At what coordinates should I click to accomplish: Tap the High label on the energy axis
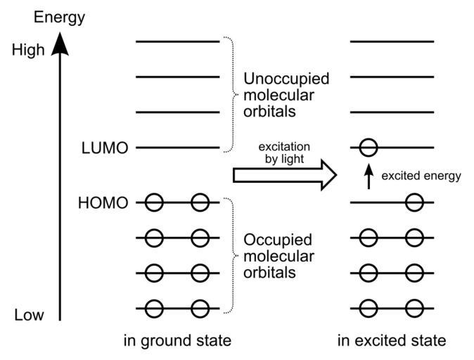click(28, 51)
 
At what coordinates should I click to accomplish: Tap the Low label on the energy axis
click(29, 314)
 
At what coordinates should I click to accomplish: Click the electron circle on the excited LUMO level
click(368, 148)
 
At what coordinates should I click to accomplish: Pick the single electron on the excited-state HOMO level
click(414, 203)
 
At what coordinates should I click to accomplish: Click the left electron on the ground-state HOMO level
click(154, 203)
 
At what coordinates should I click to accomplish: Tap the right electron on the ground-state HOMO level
click(200, 203)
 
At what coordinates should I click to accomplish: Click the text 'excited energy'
click(421, 176)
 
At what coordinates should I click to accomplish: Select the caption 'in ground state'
click(177, 342)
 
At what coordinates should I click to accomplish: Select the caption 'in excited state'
click(392, 342)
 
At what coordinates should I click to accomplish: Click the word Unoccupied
click(286, 78)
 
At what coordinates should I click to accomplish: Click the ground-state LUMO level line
click(178, 148)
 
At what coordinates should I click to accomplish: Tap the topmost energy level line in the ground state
click(178, 41)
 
